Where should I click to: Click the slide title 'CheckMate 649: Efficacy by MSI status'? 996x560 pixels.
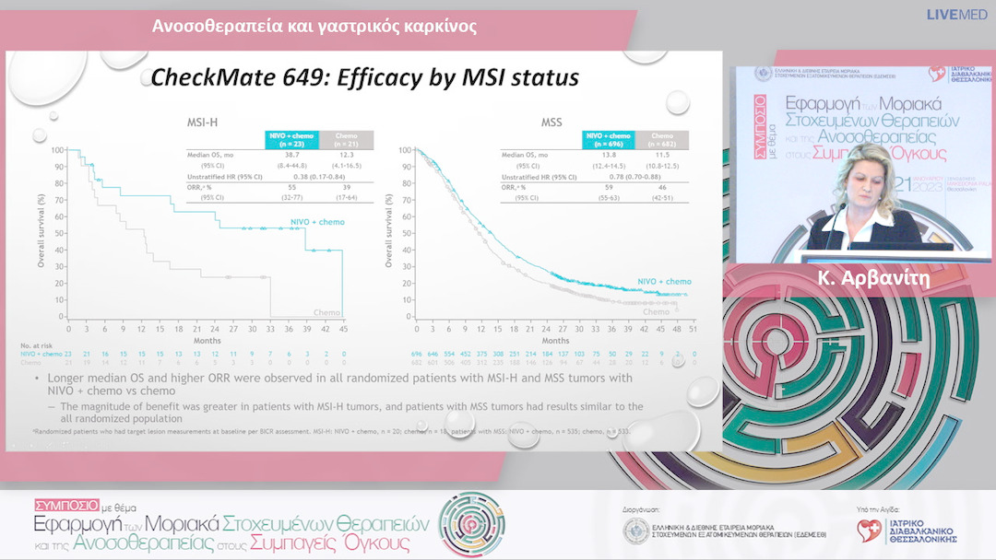point(364,77)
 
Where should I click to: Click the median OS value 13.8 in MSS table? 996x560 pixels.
point(608,157)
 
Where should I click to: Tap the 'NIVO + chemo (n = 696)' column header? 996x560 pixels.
point(608,140)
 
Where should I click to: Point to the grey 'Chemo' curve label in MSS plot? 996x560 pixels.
point(656,312)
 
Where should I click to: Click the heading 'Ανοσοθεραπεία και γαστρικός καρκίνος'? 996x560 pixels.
point(314,26)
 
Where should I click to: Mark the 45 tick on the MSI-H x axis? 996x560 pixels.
point(343,328)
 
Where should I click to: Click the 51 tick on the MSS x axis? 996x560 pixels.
point(693,328)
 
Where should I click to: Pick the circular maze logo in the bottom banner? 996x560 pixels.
point(471,525)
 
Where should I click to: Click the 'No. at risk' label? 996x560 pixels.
point(34,346)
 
